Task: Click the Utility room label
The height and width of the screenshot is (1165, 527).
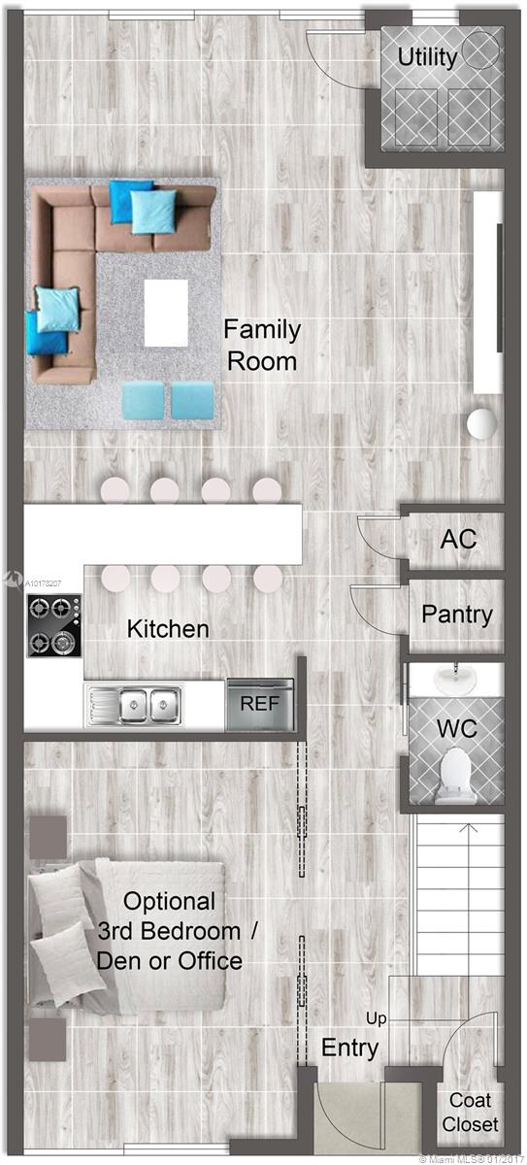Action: click(427, 57)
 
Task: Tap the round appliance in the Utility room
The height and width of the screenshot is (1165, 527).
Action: click(480, 50)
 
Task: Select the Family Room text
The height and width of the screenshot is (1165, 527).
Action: click(262, 345)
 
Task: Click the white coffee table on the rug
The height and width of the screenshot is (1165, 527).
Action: click(166, 313)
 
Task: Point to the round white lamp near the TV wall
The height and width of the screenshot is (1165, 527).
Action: click(481, 423)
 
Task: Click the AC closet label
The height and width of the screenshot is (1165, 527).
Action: click(458, 539)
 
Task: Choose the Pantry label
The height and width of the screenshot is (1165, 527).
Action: click(457, 615)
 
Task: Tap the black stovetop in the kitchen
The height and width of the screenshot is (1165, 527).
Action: click(54, 625)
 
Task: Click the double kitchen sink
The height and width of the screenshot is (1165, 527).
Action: click(134, 705)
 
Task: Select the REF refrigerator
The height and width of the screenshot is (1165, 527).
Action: click(260, 705)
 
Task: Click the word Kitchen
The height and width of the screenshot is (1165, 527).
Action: click(168, 629)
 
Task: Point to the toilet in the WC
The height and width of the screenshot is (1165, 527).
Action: click(455, 775)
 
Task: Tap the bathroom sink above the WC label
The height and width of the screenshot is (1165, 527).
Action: click(455, 678)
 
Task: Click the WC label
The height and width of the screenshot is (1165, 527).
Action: click(457, 729)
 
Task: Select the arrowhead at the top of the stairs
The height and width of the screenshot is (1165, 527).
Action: click(470, 826)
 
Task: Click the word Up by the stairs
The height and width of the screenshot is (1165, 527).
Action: click(377, 1018)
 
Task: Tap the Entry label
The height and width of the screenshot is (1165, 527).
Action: click(349, 1048)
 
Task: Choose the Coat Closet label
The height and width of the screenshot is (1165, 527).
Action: click(471, 1112)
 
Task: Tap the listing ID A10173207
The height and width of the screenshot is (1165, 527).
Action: click(43, 583)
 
